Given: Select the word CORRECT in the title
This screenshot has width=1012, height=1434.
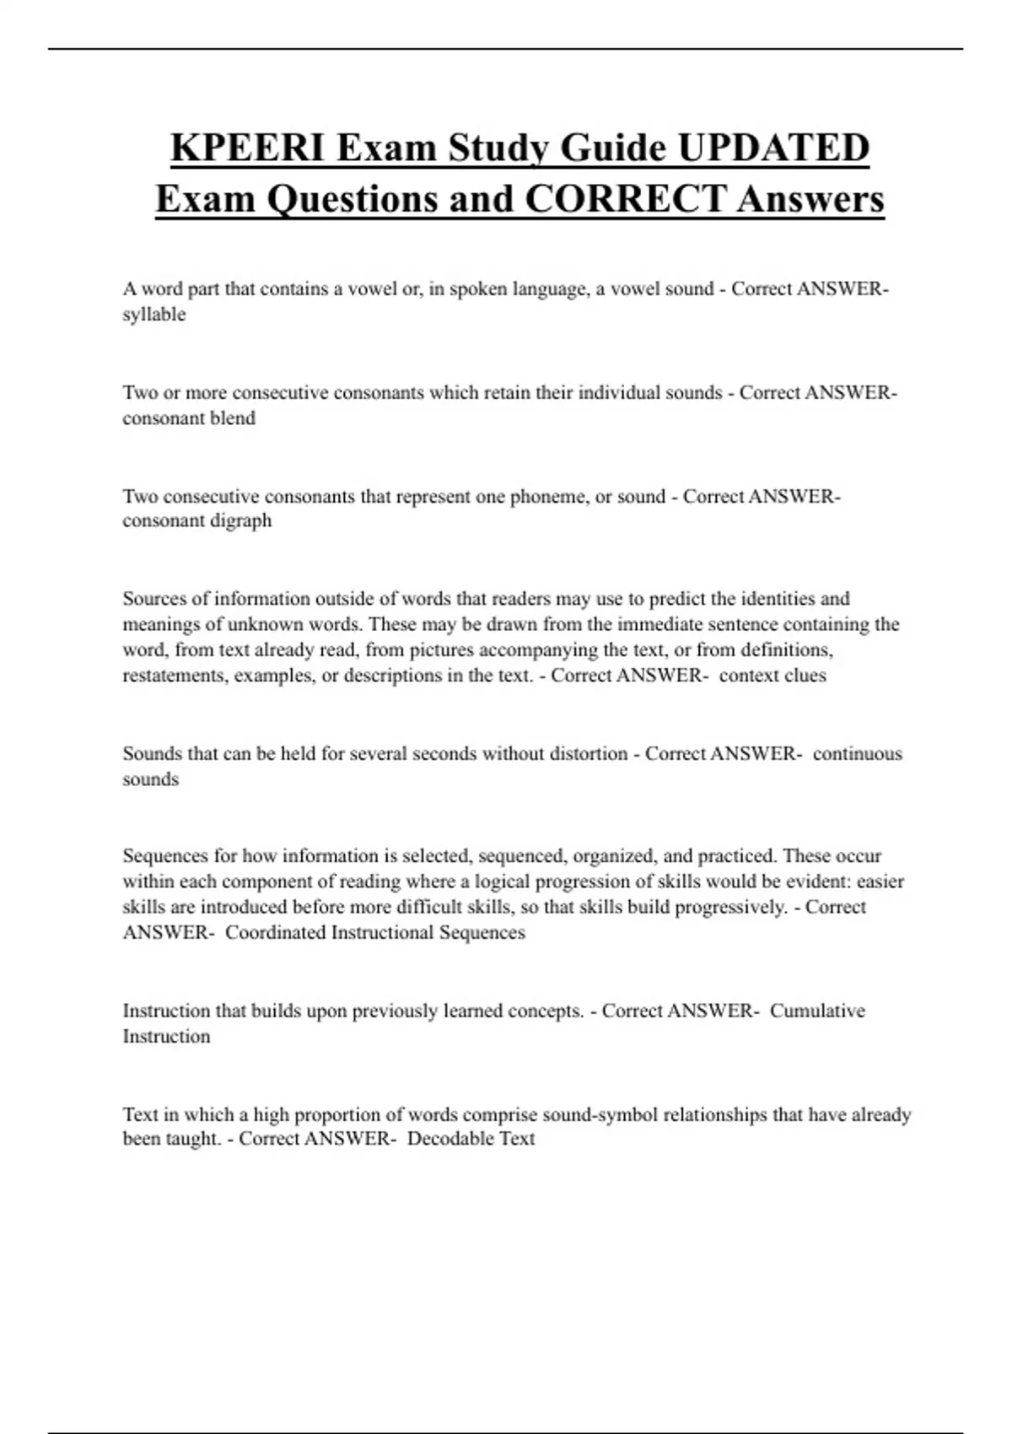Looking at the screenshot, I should pyautogui.click(x=625, y=199).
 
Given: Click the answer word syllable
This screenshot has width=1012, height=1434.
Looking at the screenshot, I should pyautogui.click(x=153, y=315).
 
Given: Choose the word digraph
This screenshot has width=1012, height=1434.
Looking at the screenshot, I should pyautogui.click(x=241, y=520).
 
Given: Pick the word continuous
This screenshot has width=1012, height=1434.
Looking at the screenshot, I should pyautogui.click(x=857, y=753).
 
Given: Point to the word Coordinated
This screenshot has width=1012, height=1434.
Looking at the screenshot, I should pyautogui.click(x=276, y=932).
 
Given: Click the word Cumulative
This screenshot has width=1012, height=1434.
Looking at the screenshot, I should pyautogui.click(x=817, y=1011).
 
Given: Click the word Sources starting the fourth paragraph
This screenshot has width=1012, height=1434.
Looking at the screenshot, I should pyautogui.click(x=154, y=599).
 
